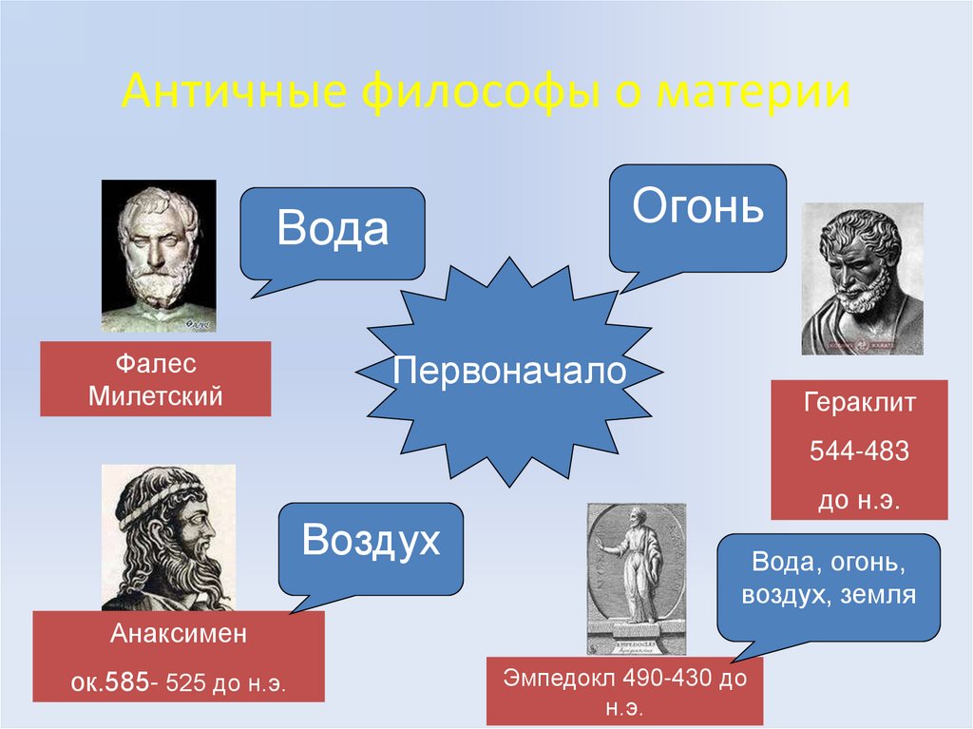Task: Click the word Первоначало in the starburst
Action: click(509, 370)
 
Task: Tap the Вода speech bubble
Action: click(332, 231)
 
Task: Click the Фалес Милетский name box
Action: click(155, 378)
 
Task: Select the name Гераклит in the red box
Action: click(859, 402)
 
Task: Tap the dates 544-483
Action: click(859, 451)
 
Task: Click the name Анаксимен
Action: click(179, 634)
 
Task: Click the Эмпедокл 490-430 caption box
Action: click(624, 691)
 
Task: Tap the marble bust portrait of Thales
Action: click(159, 255)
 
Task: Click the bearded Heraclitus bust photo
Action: click(862, 278)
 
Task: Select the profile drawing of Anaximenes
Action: click(168, 537)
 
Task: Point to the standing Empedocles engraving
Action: click(636, 578)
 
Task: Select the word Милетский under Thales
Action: click(155, 395)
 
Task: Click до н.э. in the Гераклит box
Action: click(859, 499)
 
